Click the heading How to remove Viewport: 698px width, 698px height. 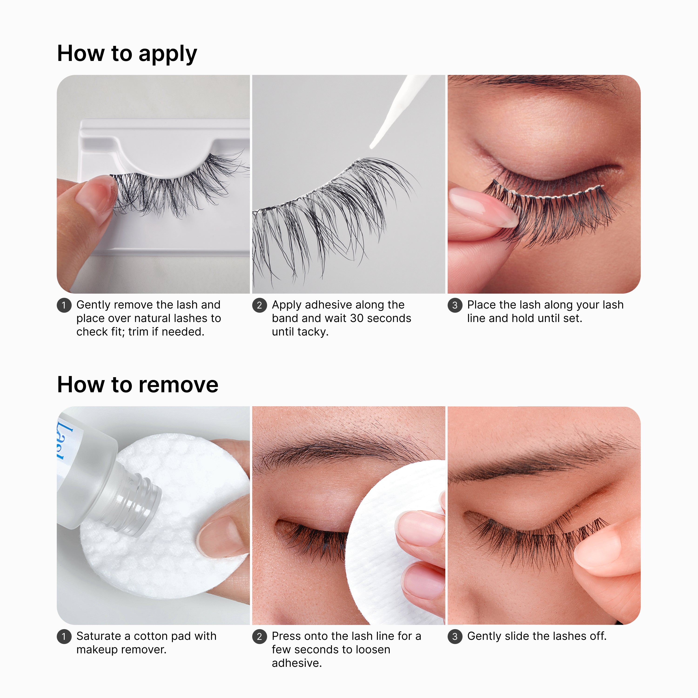(138, 385)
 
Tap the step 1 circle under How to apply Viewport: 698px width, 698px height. (64, 305)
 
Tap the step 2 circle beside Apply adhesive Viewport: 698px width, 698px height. (259, 305)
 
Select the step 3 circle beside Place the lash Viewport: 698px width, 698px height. (455, 305)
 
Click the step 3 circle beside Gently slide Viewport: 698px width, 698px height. (455, 637)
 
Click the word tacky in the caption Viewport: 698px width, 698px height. (312, 332)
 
